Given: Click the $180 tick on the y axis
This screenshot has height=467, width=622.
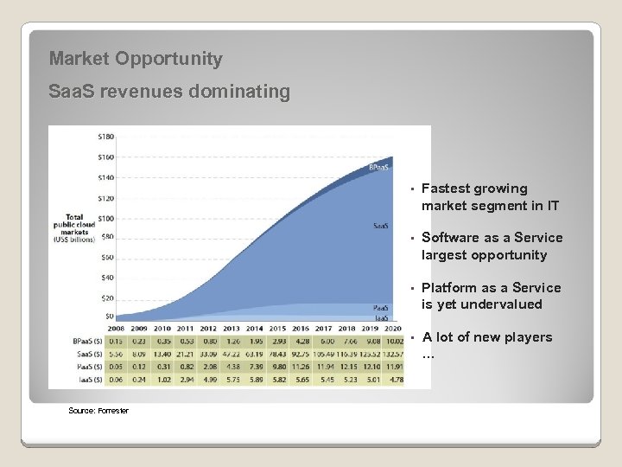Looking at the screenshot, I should (x=105, y=137).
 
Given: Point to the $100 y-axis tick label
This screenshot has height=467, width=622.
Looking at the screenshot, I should (x=105, y=218).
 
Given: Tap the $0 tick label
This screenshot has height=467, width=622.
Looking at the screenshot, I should (x=109, y=318).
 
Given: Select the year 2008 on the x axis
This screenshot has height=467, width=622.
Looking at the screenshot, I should (x=116, y=329).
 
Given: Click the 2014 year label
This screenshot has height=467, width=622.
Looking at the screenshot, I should (x=254, y=329).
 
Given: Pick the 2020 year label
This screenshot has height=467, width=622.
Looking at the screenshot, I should (x=392, y=329).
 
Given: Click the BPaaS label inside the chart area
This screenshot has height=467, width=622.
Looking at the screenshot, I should (x=378, y=167).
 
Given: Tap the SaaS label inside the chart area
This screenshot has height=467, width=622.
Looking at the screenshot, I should (x=380, y=226).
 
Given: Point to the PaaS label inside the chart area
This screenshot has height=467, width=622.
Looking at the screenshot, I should (x=380, y=308).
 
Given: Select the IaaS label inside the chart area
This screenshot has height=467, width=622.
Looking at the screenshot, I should (x=380, y=318).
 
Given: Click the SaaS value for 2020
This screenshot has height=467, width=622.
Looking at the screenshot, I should (x=392, y=354).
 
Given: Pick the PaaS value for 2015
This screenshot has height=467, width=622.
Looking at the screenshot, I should (x=276, y=366).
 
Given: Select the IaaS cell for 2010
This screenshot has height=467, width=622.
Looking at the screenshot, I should (x=162, y=378).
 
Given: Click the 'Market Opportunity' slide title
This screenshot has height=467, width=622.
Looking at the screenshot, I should (x=136, y=59).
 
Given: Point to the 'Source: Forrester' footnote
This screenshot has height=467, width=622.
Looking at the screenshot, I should (x=98, y=410).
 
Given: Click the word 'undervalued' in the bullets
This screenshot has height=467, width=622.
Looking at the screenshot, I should (x=505, y=304).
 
